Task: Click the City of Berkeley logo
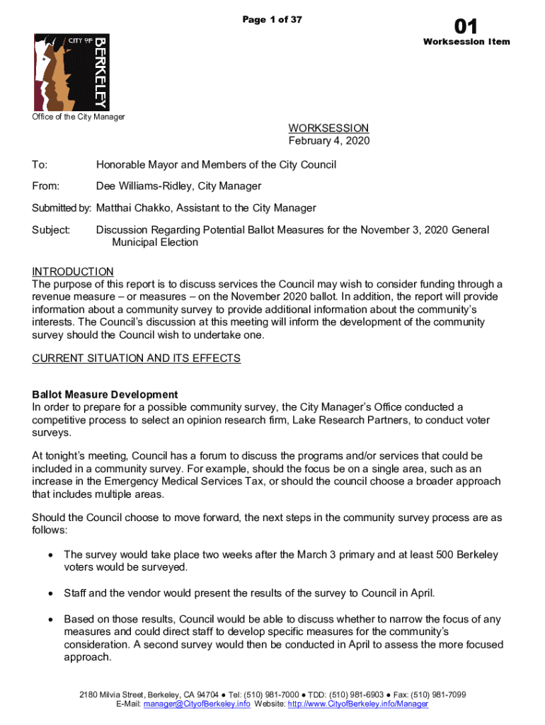[x=71, y=72]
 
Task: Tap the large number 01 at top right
[x=466, y=27]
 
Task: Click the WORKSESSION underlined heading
[x=328, y=128]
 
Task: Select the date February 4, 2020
[x=328, y=141]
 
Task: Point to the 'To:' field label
[x=40, y=165]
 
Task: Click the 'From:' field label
[x=45, y=186]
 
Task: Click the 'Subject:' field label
[x=51, y=230]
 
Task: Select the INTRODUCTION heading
[x=73, y=272]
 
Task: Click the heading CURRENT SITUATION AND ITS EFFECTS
[x=137, y=358]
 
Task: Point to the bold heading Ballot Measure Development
[x=105, y=394]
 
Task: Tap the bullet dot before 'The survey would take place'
[x=50, y=554]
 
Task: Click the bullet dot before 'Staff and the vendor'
[x=50, y=593]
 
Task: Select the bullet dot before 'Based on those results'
[x=50, y=620]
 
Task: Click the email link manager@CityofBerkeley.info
[x=197, y=704]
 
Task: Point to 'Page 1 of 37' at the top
[x=272, y=20]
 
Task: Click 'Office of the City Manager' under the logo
[x=79, y=117]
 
